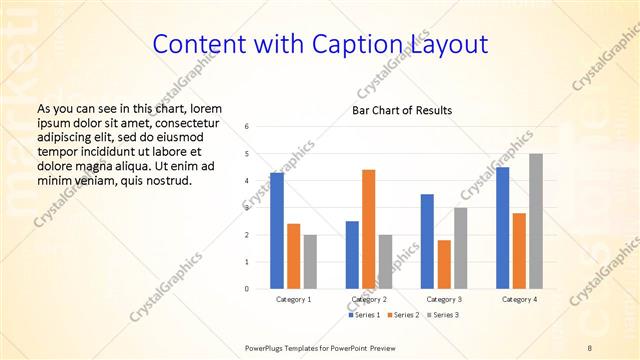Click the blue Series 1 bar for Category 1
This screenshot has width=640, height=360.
coord(277,231)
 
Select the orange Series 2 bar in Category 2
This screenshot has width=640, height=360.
coord(368,229)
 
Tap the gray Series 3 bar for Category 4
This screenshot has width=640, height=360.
coord(536,221)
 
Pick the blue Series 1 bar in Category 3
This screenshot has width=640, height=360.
coord(427,241)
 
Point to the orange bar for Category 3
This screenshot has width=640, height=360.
coord(444,264)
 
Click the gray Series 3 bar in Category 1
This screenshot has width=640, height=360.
coord(310,262)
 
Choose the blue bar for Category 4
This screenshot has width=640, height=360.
coord(502,228)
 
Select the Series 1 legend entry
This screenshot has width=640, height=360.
coord(366,315)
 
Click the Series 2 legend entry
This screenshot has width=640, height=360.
coord(402,315)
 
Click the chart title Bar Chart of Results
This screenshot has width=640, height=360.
coord(402,110)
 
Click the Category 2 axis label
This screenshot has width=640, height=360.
coord(369,299)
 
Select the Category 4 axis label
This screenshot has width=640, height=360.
coord(519,299)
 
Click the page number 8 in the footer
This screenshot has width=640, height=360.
coord(590,347)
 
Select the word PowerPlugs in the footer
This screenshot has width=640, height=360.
coord(267,347)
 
